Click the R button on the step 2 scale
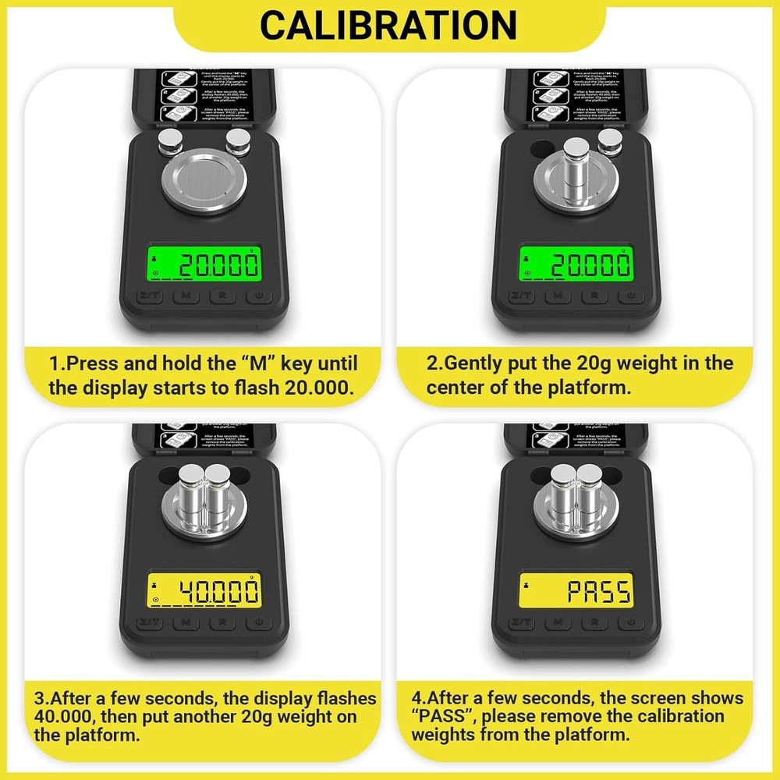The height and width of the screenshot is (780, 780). (594, 296)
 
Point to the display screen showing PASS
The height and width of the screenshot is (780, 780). (576, 591)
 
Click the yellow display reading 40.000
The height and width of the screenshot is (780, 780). (204, 591)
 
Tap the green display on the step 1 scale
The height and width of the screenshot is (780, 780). (204, 266)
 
